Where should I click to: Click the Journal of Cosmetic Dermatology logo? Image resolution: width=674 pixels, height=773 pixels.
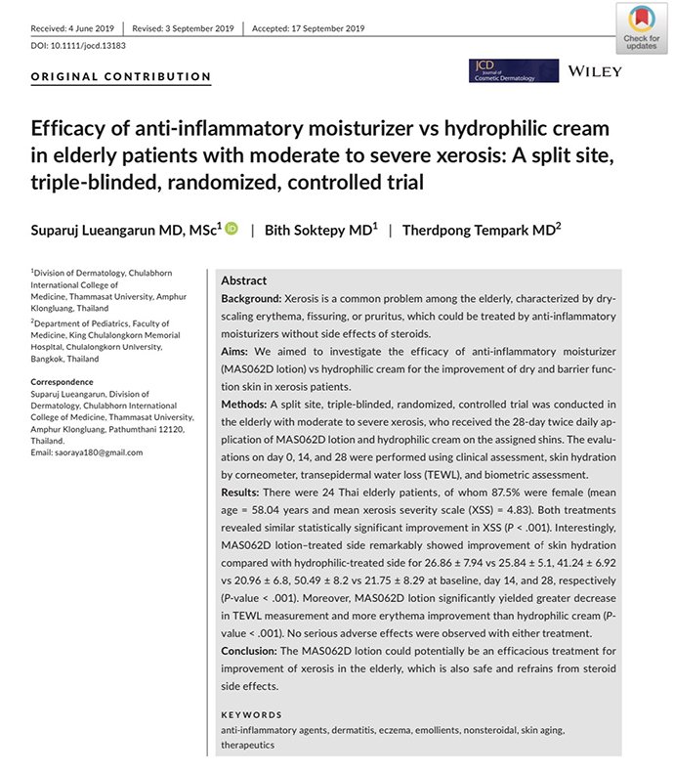[x=513, y=70]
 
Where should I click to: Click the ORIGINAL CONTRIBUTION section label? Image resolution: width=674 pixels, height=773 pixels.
[x=121, y=76]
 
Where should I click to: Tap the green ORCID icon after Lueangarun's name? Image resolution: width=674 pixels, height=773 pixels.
[x=232, y=229]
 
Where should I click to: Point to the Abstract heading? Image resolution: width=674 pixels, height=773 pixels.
[x=243, y=279]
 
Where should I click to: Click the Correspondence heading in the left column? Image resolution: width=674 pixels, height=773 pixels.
[x=63, y=381]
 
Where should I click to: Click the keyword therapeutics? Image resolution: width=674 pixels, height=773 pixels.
[x=248, y=745]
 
